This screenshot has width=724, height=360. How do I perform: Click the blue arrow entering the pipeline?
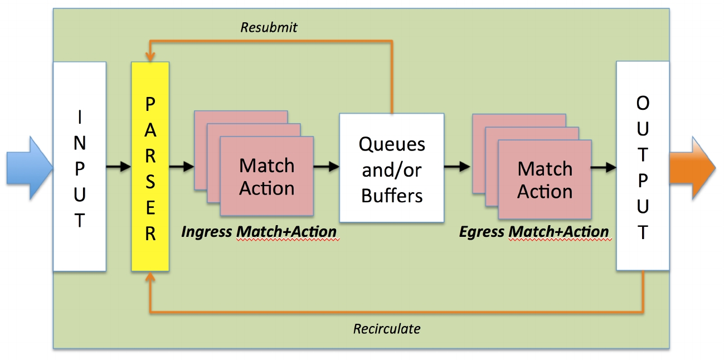(30, 168)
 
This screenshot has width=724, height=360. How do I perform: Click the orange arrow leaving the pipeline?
(693, 168)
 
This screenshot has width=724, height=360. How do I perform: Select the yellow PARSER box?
(150, 167)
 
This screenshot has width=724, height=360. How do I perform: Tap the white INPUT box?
(80, 167)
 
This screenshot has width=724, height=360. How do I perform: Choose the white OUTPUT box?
(643, 166)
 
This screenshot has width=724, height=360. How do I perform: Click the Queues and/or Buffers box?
(392, 168)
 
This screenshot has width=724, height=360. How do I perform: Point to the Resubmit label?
(269, 27)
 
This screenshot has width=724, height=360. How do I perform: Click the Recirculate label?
(387, 329)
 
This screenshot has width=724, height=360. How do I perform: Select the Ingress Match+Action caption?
(259, 232)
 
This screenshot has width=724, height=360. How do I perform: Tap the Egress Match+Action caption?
(534, 232)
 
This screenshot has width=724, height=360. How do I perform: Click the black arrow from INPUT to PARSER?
(119, 167)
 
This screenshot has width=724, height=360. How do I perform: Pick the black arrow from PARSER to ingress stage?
(182, 167)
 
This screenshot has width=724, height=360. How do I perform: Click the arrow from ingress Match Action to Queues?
(327, 167)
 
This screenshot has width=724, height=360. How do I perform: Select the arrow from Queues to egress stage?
(458, 167)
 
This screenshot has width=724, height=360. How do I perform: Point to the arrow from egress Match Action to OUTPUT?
(604, 167)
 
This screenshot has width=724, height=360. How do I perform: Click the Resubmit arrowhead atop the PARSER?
(150, 57)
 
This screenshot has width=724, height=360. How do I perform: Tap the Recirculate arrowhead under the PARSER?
(150, 276)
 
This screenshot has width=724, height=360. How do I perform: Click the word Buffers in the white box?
(392, 196)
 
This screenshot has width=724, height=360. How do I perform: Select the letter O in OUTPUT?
(643, 104)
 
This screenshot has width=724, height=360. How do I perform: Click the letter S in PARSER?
(150, 182)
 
